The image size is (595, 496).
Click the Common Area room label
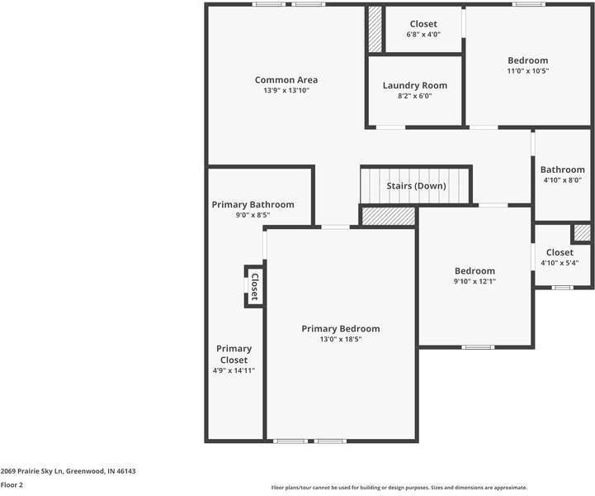(x=286, y=80)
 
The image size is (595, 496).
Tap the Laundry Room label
(x=414, y=85)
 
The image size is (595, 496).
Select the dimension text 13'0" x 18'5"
(x=340, y=339)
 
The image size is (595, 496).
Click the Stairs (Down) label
(x=416, y=186)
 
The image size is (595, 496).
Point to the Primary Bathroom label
(x=253, y=204)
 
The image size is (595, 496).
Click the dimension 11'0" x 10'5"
(x=527, y=71)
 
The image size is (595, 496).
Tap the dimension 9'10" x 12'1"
(x=475, y=281)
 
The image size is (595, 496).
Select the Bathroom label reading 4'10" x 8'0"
(x=563, y=169)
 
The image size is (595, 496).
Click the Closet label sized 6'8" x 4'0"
(x=423, y=24)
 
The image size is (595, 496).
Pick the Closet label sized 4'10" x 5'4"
(x=559, y=252)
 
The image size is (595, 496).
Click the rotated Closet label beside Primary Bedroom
(x=254, y=287)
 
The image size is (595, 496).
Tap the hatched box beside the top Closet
(x=375, y=31)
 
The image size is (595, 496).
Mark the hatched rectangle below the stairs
(x=388, y=215)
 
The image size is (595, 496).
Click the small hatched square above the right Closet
(x=583, y=233)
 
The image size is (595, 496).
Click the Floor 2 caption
(x=12, y=485)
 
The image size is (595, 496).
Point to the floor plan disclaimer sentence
(x=399, y=488)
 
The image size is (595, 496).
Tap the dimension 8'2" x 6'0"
(x=414, y=96)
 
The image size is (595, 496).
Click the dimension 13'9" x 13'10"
(x=286, y=91)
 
